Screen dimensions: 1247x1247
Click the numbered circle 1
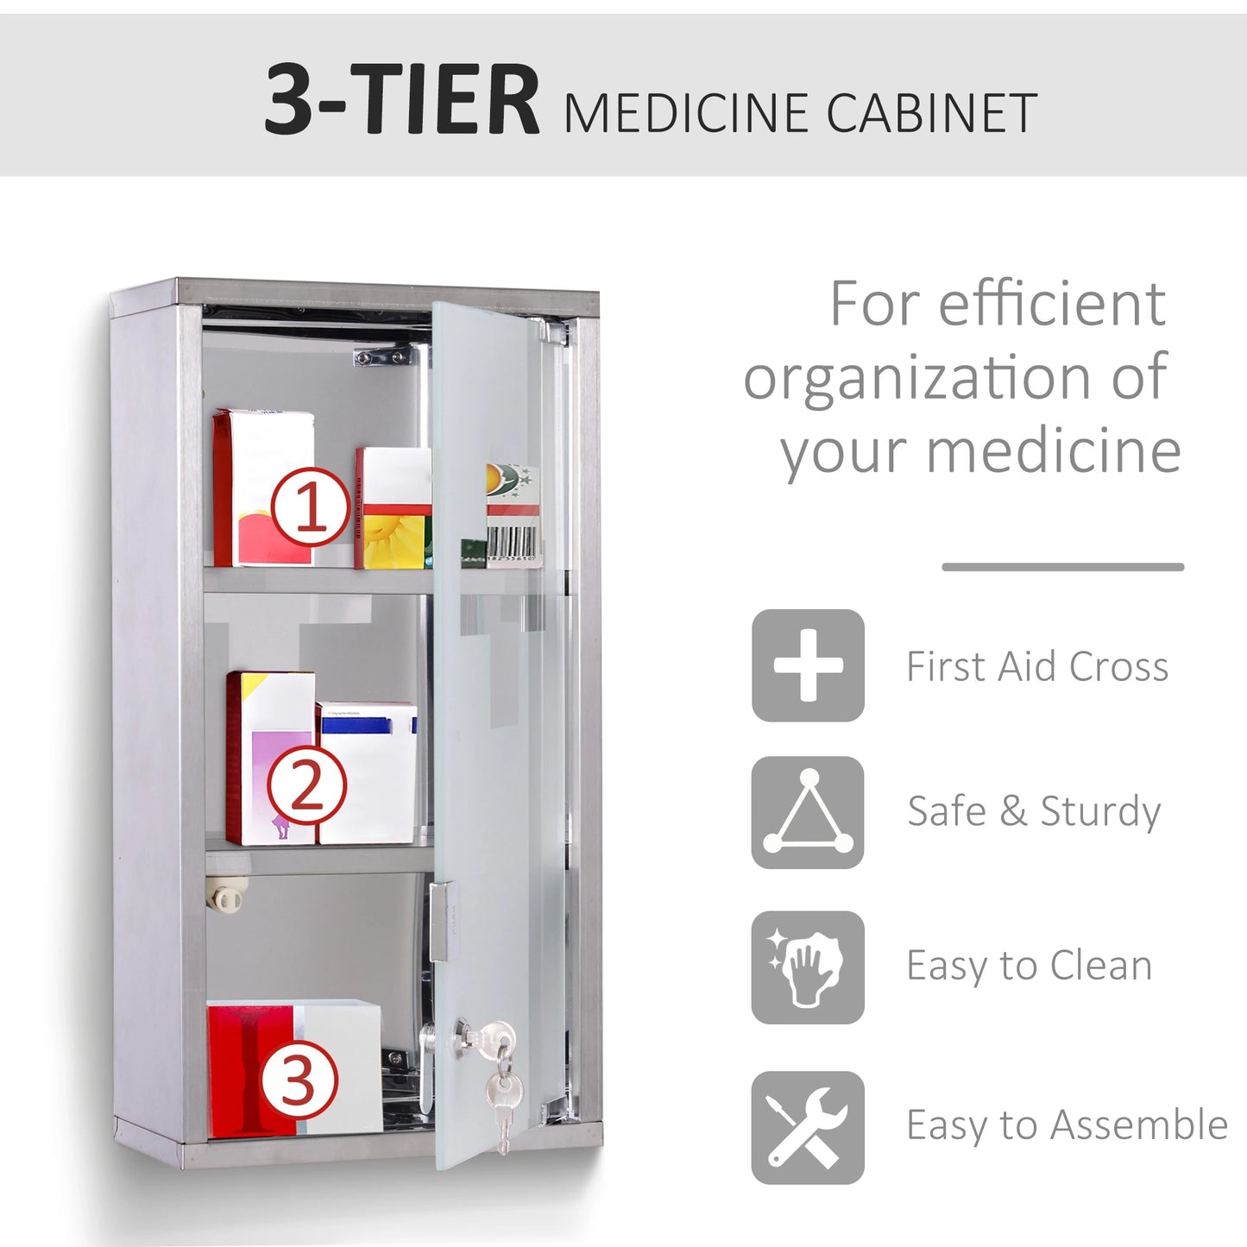[311, 507]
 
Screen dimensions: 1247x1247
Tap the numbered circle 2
[306, 785]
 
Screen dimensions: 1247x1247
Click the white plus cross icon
[808, 665]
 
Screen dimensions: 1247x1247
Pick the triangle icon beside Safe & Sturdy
[808, 812]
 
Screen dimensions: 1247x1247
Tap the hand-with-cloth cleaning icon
[808, 967]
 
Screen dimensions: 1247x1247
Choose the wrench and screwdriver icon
[808, 1127]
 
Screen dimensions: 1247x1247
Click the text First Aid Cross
[1037, 667]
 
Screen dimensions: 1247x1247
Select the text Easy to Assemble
[1067, 1125]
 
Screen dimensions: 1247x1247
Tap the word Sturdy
[1100, 812]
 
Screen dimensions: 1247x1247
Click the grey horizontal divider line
[1062, 567]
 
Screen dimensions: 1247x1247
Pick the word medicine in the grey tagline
[1054, 451]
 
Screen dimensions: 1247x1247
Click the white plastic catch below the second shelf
[227, 897]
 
